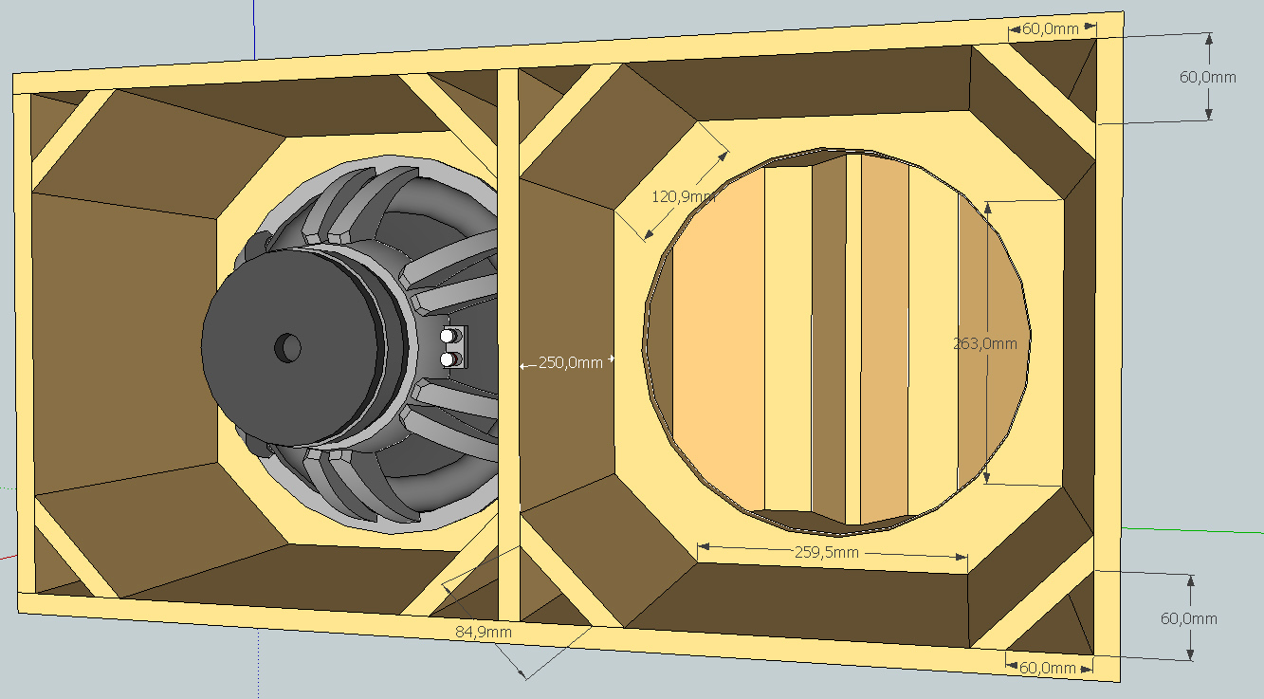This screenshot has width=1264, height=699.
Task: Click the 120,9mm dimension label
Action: click(683, 197)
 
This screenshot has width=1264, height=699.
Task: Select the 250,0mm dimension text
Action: click(571, 362)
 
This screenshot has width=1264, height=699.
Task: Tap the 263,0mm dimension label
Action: click(984, 343)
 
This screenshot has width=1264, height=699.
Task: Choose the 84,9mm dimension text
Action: click(484, 631)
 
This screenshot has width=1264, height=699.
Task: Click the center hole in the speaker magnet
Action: click(286, 347)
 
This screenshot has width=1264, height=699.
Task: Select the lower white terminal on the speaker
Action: click(447, 359)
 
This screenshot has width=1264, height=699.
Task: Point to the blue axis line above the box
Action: click(254, 28)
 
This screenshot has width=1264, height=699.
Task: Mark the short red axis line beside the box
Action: click(8, 557)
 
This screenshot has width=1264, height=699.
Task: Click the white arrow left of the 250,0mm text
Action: click(524, 363)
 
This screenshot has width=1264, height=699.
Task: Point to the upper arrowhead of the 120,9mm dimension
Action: click(724, 154)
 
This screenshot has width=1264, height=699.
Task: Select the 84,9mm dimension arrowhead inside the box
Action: click(447, 587)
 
